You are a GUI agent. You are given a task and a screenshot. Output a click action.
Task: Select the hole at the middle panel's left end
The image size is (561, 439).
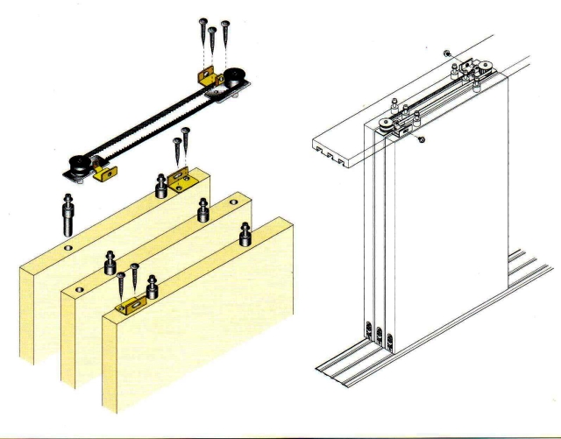coord(77,287)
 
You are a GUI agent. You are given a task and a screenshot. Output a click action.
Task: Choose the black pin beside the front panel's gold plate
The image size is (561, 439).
coord(153,286)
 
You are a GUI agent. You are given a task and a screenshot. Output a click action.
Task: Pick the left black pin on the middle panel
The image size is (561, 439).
coord(110,263)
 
